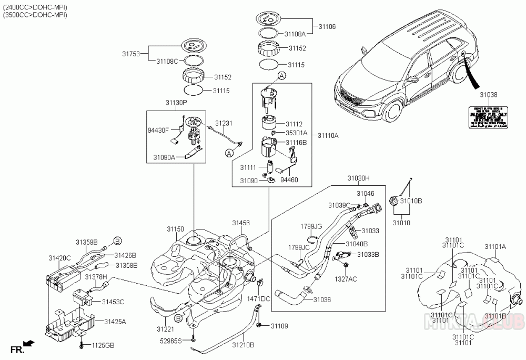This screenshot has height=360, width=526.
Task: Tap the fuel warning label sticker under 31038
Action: click(489, 118)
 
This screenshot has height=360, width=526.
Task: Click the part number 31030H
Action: click(359, 179)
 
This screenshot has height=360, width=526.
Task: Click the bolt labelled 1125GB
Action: click(82, 346)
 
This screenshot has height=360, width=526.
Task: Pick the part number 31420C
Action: click(59, 258)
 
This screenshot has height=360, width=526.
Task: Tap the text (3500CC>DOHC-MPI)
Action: click(35, 15)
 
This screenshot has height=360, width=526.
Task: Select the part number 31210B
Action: click(243, 345)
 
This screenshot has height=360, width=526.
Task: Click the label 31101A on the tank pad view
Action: click(495, 246)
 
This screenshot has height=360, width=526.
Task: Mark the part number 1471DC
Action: click(259, 298)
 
